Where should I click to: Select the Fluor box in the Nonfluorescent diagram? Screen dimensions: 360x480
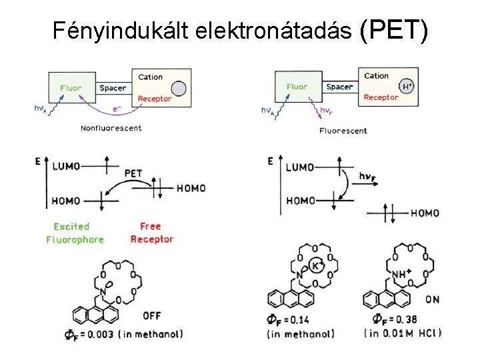point(71,88)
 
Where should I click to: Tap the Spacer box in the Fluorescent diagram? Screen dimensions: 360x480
point(339,87)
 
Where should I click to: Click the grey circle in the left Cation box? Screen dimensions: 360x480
point(178,88)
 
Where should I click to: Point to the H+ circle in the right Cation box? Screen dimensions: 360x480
point(407,86)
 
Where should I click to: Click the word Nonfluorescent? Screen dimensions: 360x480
point(111,128)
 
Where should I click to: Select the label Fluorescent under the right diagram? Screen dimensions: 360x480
point(343,131)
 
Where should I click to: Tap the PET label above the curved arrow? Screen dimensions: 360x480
point(133,173)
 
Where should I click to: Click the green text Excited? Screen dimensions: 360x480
point(71,227)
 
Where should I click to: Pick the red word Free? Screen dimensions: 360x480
point(151,227)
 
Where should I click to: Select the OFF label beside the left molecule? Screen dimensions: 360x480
point(152,315)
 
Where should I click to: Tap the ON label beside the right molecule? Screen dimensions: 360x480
point(432,300)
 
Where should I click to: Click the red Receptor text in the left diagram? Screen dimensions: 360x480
point(155,99)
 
